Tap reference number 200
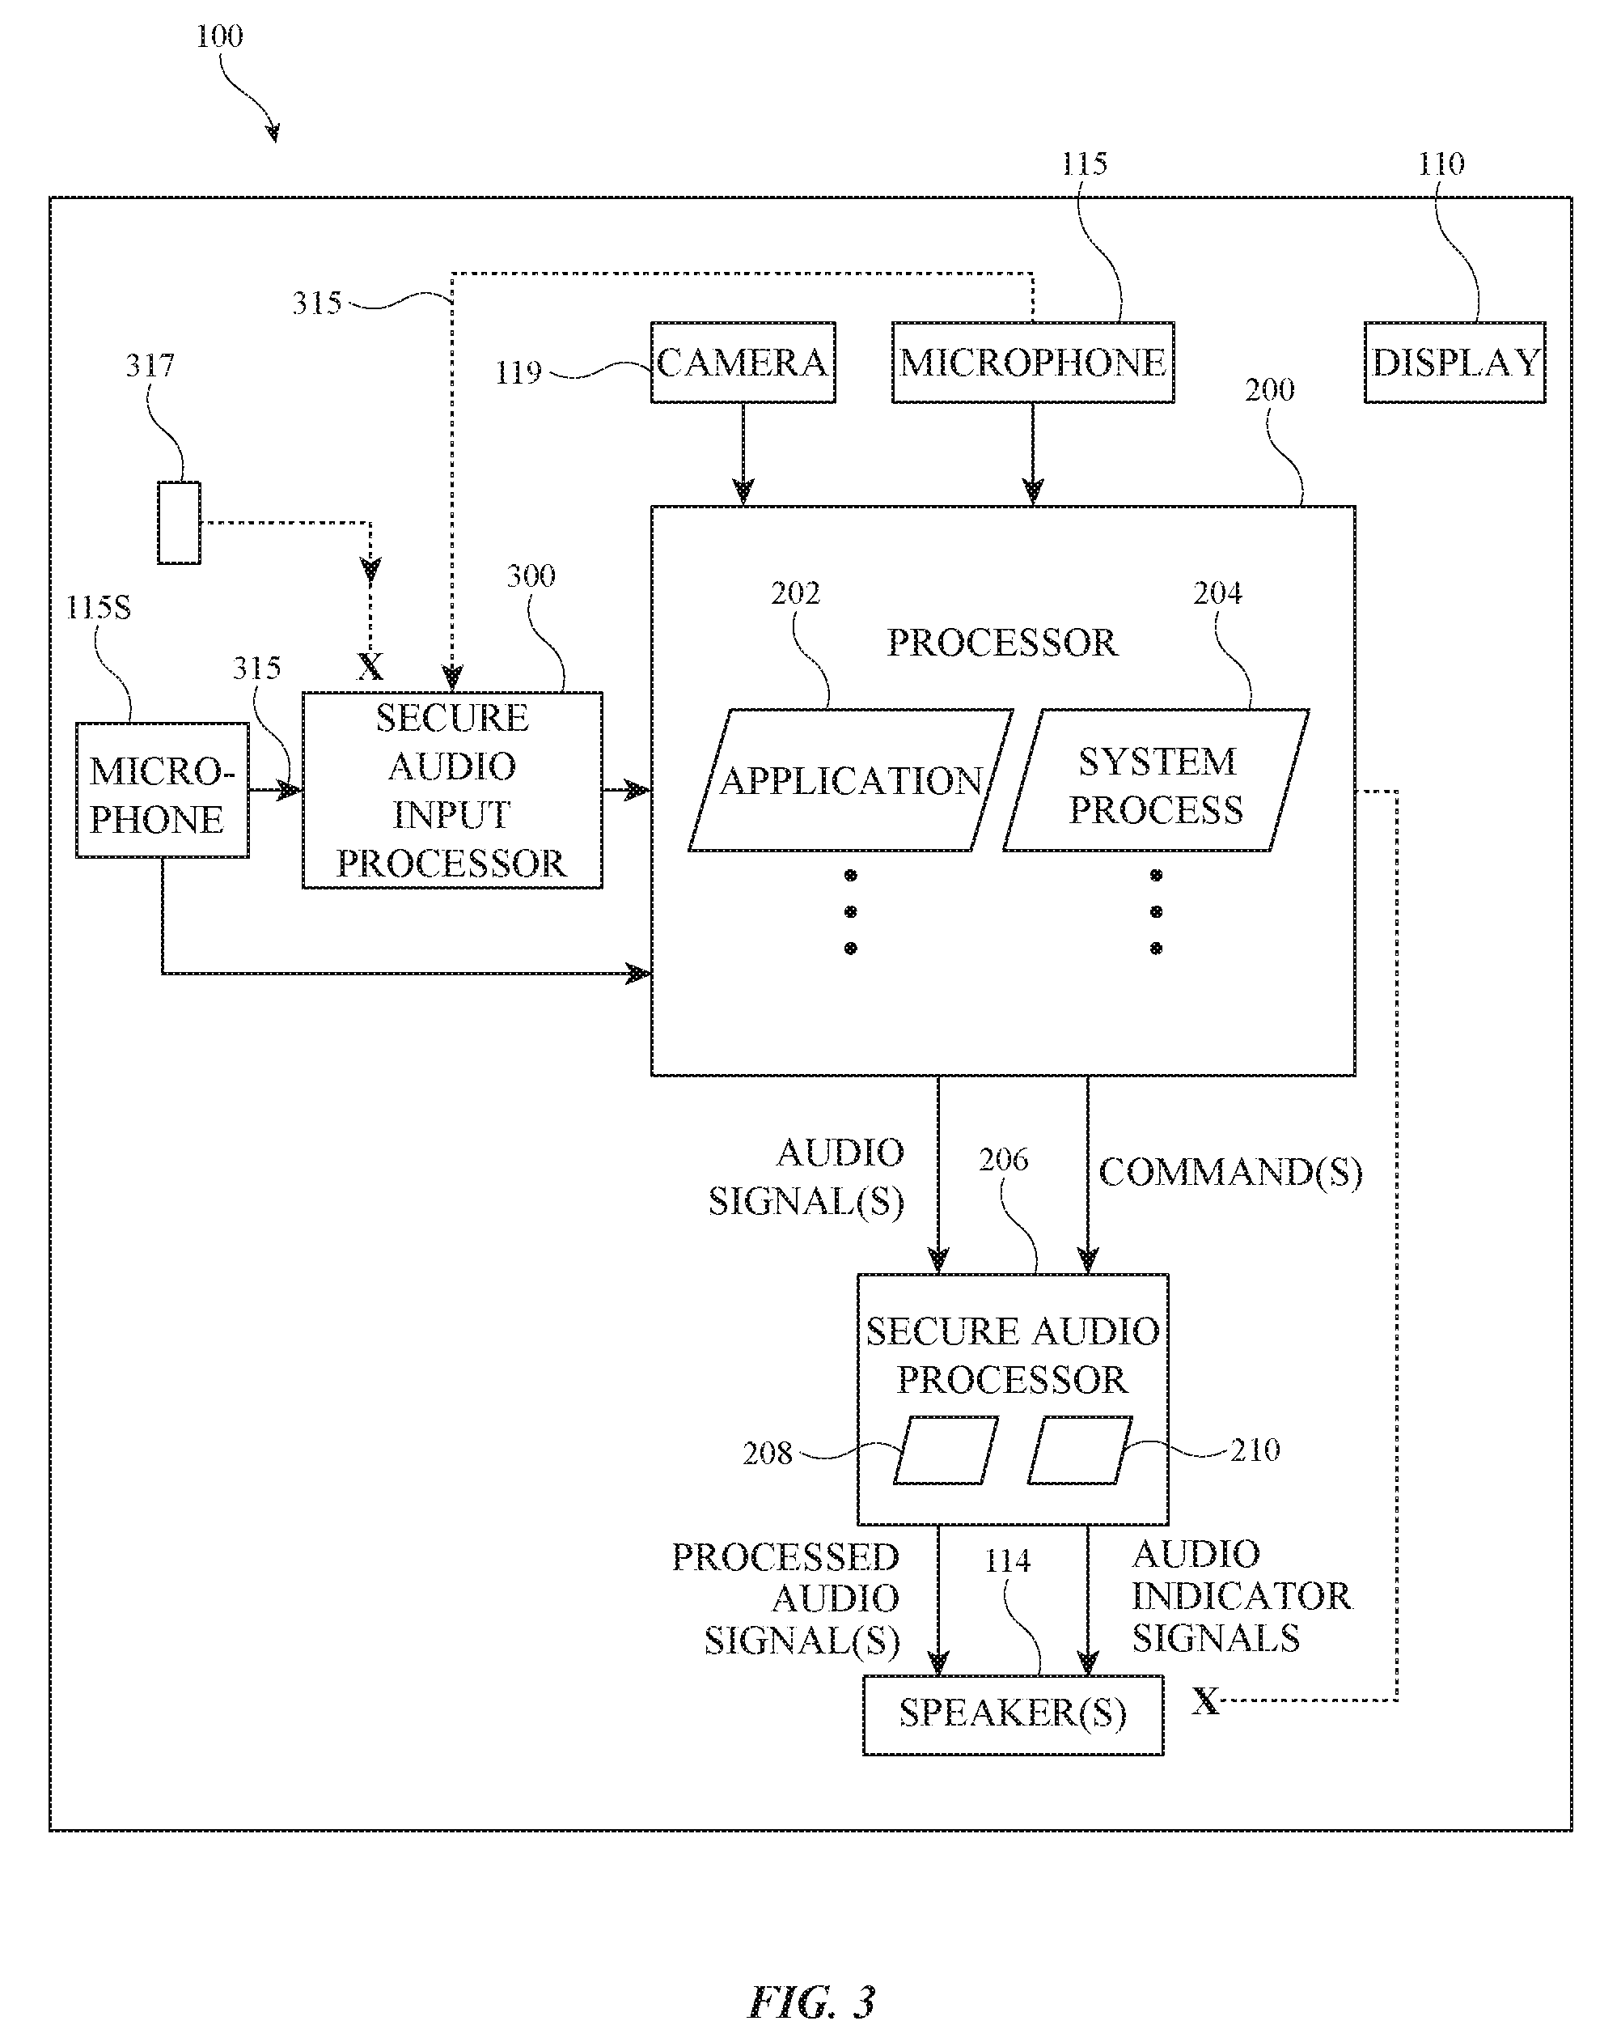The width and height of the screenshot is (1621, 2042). pos(1269,390)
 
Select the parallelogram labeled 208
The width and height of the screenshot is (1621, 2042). pos(945,1450)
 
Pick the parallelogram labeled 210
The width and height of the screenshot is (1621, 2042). pos(1079,1450)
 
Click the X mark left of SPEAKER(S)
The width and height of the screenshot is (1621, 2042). pos(1205,1701)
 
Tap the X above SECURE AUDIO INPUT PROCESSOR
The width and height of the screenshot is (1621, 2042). pos(370,667)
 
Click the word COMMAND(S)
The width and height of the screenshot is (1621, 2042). pos(1230,1173)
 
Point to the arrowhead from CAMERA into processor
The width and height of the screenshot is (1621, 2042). pos(743,491)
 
